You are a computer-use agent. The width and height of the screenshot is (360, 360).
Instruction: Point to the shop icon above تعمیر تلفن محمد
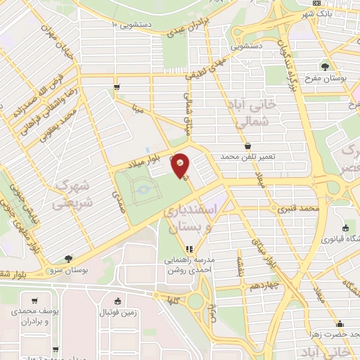pos(248,146)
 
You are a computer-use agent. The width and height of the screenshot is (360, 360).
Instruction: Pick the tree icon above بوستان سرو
pos(67,259)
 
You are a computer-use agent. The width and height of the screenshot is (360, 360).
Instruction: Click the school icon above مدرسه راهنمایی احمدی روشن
pos(188,249)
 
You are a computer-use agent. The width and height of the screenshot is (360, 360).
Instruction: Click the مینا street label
pos(139,109)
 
